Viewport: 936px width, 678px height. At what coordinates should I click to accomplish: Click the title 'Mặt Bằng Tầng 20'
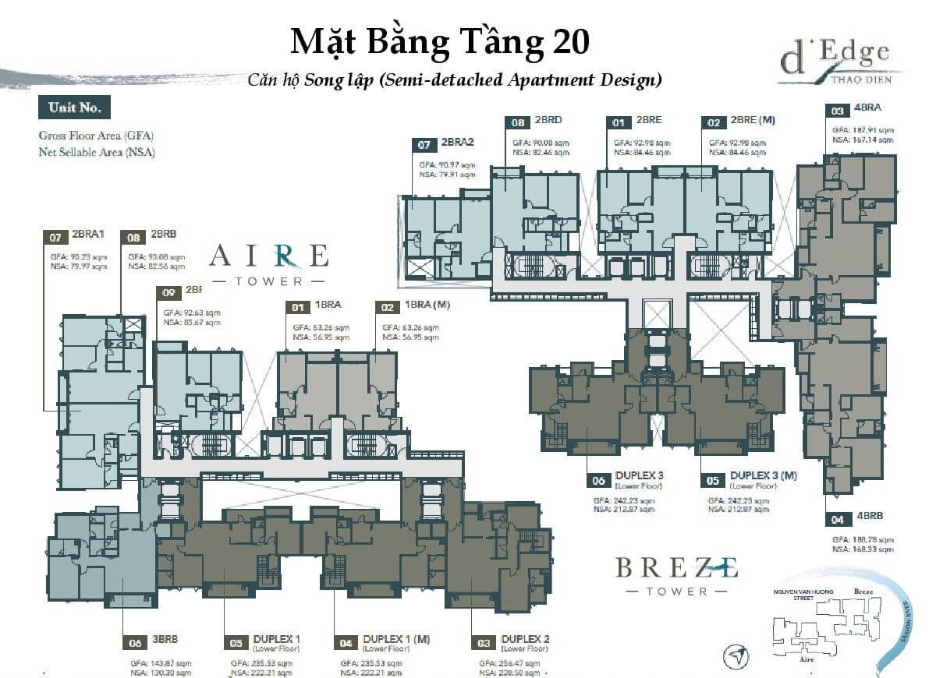(x=439, y=42)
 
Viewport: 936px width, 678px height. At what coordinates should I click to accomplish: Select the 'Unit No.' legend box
(x=74, y=108)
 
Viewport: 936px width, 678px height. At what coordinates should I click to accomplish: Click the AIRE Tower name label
(x=269, y=263)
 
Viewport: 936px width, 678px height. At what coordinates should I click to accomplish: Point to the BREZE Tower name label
(x=676, y=574)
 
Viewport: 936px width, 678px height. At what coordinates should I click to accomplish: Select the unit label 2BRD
(x=548, y=122)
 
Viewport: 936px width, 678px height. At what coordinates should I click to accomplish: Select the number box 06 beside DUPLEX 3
(x=600, y=481)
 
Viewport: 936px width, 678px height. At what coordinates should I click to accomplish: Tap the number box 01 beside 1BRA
(x=297, y=308)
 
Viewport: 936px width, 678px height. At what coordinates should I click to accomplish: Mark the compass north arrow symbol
(x=736, y=658)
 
